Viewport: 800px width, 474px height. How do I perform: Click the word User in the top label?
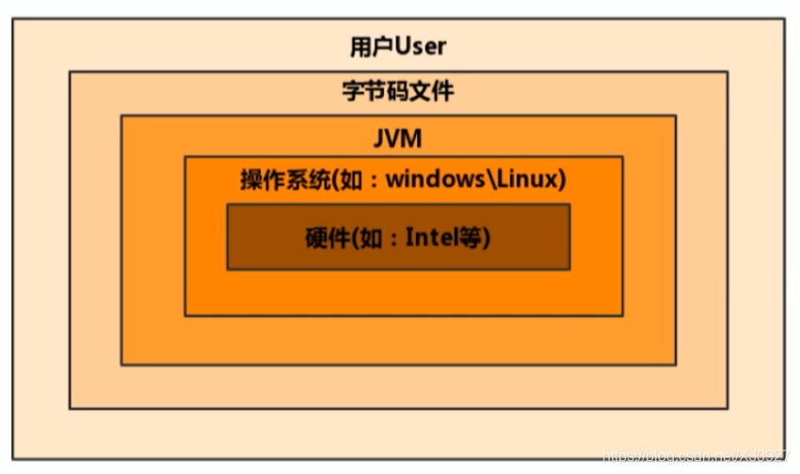[x=420, y=45]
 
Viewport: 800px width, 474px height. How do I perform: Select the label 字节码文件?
[x=397, y=91]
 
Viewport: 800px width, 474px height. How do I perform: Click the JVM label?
[x=398, y=138]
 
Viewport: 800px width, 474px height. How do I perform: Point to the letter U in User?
[x=402, y=45]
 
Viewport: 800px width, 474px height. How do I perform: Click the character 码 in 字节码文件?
[x=397, y=91]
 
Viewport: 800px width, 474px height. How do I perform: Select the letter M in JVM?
[x=412, y=138]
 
